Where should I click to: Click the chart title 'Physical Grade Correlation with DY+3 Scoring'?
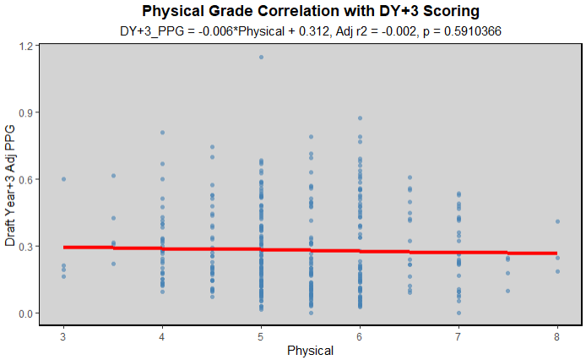click(311, 11)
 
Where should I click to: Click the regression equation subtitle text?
click(311, 31)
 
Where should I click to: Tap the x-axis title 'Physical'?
click(310, 350)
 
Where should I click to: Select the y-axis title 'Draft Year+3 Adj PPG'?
click(10, 183)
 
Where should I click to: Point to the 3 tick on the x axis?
click(63, 335)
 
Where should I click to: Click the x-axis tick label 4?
click(162, 335)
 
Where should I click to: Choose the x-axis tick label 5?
click(261, 335)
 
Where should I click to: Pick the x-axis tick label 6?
click(360, 335)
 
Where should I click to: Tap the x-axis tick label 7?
click(458, 335)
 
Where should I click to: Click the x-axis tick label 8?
click(557, 335)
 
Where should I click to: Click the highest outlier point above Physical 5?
click(261, 57)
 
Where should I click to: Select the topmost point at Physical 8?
click(557, 221)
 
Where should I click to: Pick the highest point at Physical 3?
click(63, 179)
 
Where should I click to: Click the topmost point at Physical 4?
click(162, 133)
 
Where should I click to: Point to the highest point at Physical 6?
click(360, 118)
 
